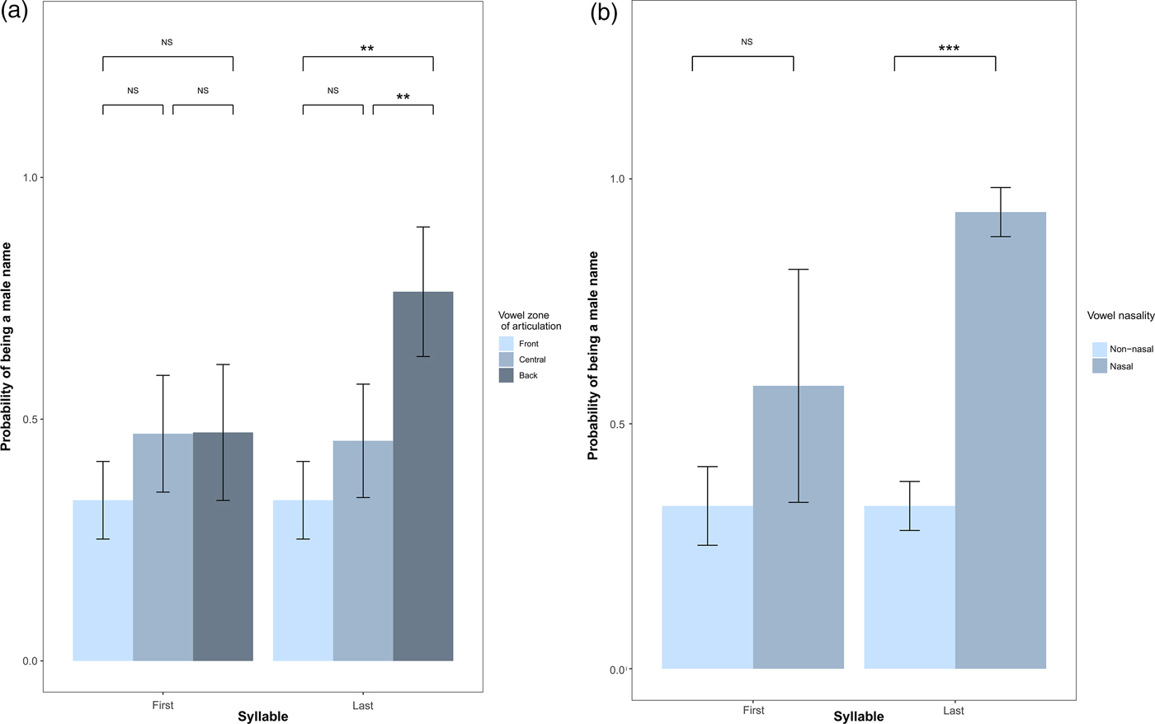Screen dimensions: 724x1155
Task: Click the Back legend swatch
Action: coord(507,375)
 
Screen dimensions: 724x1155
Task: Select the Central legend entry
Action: coord(532,360)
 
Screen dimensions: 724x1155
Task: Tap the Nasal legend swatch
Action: coord(1100,366)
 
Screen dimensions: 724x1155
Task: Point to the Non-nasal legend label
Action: coord(1131,349)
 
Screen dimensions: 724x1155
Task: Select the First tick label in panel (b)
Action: coord(753,710)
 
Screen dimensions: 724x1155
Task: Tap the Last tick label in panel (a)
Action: coord(363,705)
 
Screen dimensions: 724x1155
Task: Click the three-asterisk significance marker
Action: coord(949,49)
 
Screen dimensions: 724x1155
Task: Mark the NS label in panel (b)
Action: coord(747,42)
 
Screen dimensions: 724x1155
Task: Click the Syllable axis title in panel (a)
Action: coord(263,717)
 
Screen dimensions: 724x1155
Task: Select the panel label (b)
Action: coord(603,14)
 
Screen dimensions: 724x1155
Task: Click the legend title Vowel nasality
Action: coord(1120,316)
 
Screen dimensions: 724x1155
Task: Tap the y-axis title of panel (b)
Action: coord(593,355)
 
